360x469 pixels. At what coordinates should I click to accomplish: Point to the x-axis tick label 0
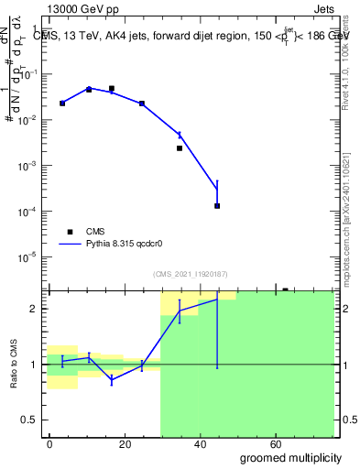coord(49,442)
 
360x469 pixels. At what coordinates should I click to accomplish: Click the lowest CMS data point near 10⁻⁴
coord(217,206)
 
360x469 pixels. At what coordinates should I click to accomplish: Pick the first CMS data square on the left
coord(62,104)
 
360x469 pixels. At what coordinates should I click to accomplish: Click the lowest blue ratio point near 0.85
coord(112,379)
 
